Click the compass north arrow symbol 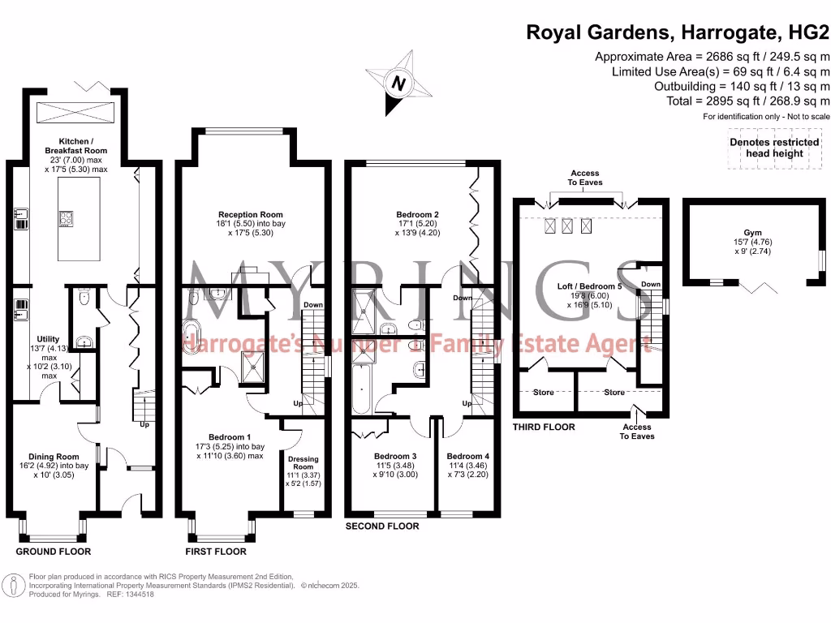pos(398,82)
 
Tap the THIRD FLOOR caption pos(544,427)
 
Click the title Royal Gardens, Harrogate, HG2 pos(678,32)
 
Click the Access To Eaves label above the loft pos(585,178)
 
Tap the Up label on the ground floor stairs pos(145,424)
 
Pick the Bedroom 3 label pos(395,456)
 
